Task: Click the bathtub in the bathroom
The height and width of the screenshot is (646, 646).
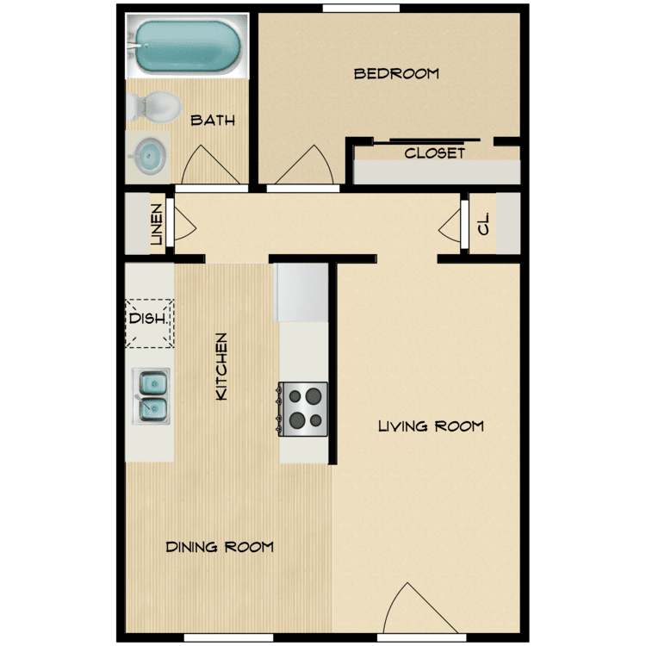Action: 188,47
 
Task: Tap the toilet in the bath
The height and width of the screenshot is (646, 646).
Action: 154,107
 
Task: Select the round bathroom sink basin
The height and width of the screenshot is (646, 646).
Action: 151,157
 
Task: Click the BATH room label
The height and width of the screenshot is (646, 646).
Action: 213,121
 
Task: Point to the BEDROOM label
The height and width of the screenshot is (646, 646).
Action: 396,74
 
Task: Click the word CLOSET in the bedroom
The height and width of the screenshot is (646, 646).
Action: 435,153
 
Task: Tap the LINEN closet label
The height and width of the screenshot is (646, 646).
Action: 157,225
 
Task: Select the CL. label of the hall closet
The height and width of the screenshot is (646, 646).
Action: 483,224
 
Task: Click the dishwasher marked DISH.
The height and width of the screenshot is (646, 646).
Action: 149,323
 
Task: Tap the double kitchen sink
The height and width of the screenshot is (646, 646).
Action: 151,396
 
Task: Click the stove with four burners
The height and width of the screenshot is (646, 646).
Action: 303,408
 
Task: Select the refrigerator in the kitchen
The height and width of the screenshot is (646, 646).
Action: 301,293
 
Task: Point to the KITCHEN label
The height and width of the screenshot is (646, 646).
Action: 221,366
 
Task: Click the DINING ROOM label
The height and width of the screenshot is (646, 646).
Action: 220,547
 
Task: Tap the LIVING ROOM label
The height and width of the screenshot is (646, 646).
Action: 431,426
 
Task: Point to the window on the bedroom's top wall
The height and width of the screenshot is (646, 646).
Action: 361,9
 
